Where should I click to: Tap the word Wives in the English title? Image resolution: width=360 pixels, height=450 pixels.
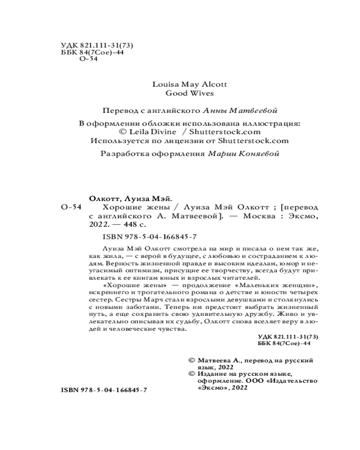pos(200,94)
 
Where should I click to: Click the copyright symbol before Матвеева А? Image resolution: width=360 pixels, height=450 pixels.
pos(191,360)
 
